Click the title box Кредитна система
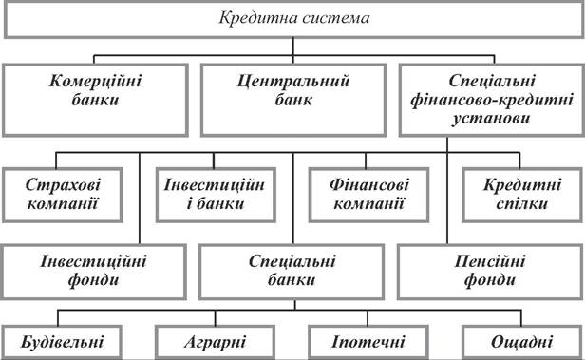[x=293, y=19]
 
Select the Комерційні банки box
[x=95, y=101]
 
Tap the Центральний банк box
[x=293, y=101]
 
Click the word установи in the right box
[x=491, y=119]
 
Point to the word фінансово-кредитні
[x=492, y=101]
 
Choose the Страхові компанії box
[x=63, y=195]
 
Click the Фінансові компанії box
[x=369, y=195]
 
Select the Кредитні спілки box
[x=522, y=195]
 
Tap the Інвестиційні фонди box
[x=93, y=272]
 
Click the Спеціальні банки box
[x=292, y=272]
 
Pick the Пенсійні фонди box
[x=490, y=272]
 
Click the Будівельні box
[x=62, y=343]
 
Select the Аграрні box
[x=216, y=343]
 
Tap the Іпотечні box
[x=368, y=343]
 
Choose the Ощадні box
[x=522, y=343]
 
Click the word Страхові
[x=63, y=185]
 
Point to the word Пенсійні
[x=490, y=261]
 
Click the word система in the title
[x=336, y=18]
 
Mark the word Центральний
[x=293, y=82]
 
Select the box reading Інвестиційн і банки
[x=216, y=195]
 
